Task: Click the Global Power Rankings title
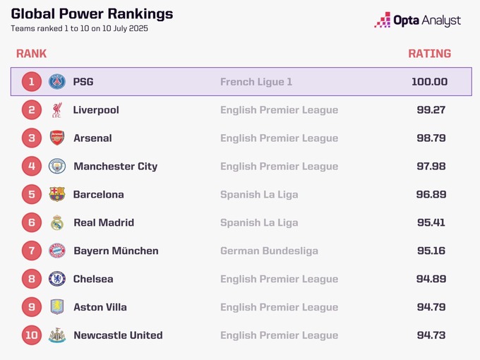pyautogui.click(x=92, y=14)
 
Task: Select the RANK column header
pyautogui.click(x=31, y=54)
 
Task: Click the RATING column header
pyautogui.click(x=429, y=54)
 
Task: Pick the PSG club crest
pyautogui.click(x=57, y=82)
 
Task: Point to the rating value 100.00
pyautogui.click(x=429, y=82)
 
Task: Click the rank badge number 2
pyautogui.click(x=32, y=110)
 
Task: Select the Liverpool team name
pyautogui.click(x=96, y=110)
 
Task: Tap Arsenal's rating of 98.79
pyautogui.click(x=431, y=138)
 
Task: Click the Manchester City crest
pyautogui.click(x=57, y=167)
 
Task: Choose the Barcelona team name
pyautogui.click(x=98, y=195)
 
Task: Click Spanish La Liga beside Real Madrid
pyautogui.click(x=259, y=223)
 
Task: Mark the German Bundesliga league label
pyautogui.click(x=269, y=251)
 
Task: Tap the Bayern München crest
pyautogui.click(x=57, y=251)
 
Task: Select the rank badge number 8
pyautogui.click(x=32, y=280)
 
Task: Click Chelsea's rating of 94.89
pyautogui.click(x=431, y=280)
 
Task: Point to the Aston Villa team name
pyautogui.click(x=100, y=308)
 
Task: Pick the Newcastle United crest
pyautogui.click(x=57, y=336)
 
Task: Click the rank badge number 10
pyautogui.click(x=32, y=336)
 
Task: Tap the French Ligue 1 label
pyautogui.click(x=256, y=82)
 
